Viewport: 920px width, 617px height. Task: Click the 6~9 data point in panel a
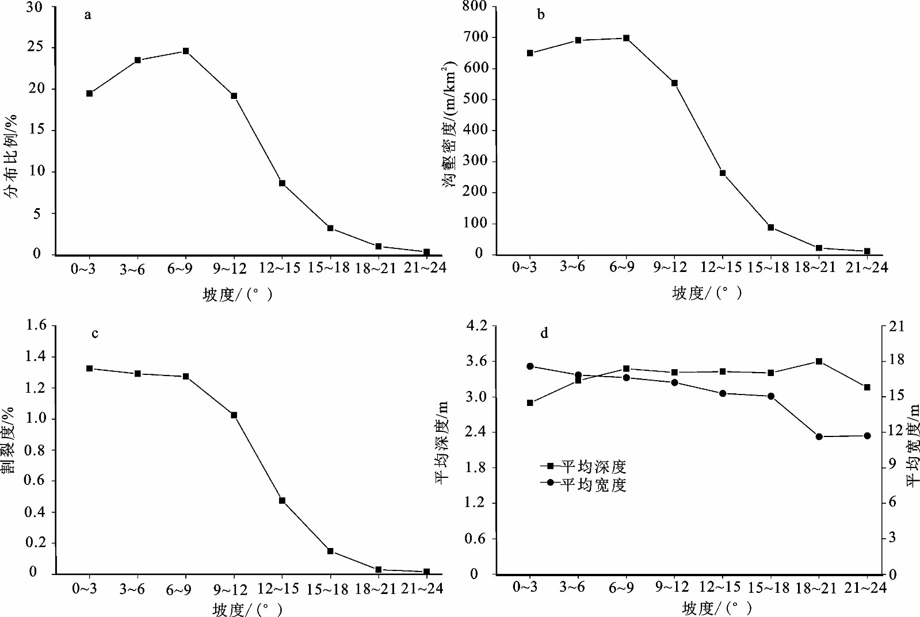coord(186,51)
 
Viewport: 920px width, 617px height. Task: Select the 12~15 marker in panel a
coord(283,183)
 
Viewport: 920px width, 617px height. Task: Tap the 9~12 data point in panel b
coord(674,83)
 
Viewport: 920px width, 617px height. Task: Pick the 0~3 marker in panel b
coord(530,53)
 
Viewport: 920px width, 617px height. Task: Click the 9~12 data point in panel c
coord(234,415)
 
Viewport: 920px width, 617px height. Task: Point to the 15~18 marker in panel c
coord(330,551)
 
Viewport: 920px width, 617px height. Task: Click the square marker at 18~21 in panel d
coord(819,362)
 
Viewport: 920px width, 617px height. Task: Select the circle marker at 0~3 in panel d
coord(530,366)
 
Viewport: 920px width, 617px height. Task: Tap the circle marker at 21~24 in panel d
coord(867,436)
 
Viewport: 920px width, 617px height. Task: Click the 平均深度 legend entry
coord(584,466)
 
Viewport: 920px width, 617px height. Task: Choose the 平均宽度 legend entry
coord(584,485)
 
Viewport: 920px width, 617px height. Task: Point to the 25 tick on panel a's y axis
coord(35,47)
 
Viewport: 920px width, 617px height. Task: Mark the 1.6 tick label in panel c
coord(36,325)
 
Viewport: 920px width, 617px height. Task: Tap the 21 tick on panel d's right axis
coord(896,326)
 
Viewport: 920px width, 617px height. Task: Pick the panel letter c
coord(95,334)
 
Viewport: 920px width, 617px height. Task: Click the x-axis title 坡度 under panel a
coord(237,294)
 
